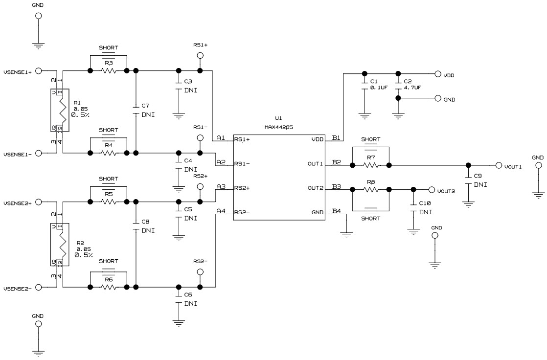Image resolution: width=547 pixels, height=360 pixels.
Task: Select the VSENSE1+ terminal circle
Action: click(x=39, y=71)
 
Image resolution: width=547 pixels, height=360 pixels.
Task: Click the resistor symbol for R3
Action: click(x=108, y=71)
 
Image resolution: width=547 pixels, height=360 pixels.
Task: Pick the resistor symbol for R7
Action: click(x=370, y=165)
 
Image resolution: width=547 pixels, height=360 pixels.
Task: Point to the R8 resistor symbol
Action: click(x=370, y=189)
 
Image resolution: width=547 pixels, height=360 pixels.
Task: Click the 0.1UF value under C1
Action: click(x=379, y=87)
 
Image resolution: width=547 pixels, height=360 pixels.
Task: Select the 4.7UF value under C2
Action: click(x=412, y=87)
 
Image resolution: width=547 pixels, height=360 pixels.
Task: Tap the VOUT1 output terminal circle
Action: click(x=499, y=165)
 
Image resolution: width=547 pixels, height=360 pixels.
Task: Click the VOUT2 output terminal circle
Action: click(x=432, y=190)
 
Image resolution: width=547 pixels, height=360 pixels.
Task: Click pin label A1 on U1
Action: click(x=221, y=138)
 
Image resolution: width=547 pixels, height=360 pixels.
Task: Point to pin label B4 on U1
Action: click(x=336, y=211)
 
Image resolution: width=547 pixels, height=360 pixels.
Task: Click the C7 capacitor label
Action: click(x=145, y=106)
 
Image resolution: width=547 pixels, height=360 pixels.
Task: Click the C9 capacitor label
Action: click(x=479, y=176)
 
